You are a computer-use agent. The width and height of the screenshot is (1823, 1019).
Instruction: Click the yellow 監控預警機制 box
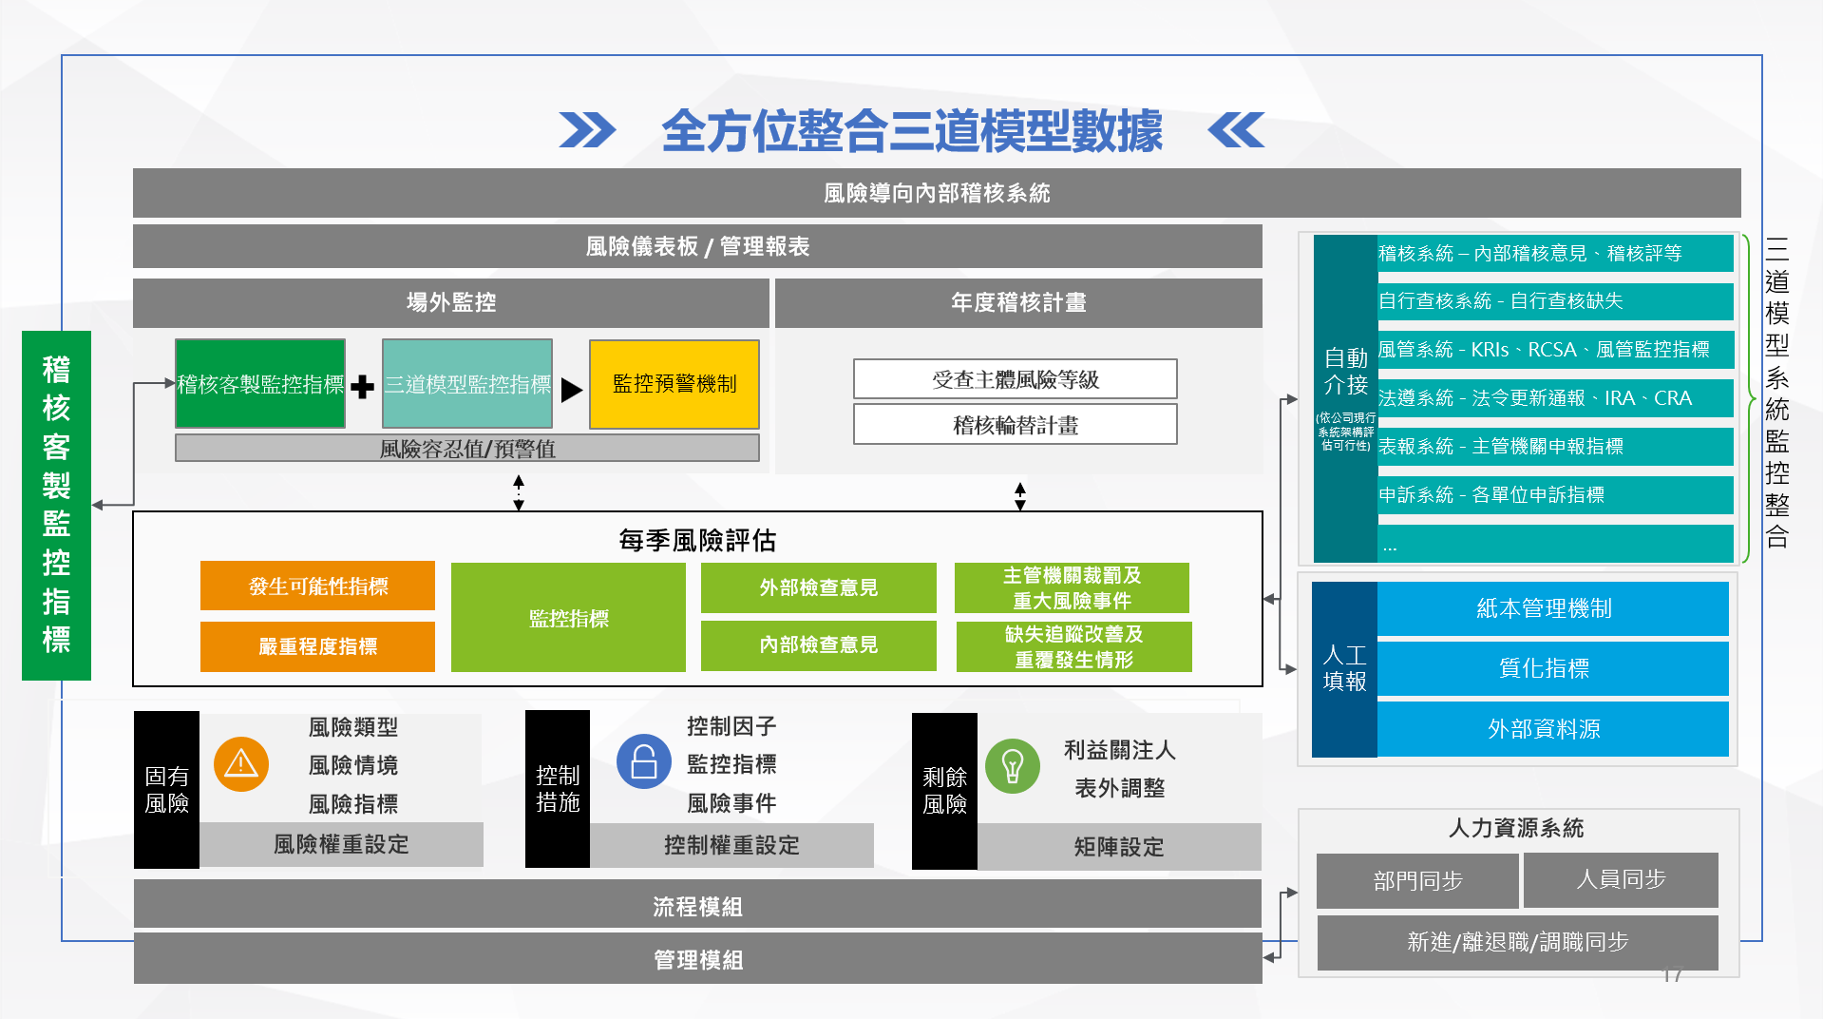pos(674,384)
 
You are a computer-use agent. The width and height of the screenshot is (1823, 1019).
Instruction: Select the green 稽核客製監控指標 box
pos(260,384)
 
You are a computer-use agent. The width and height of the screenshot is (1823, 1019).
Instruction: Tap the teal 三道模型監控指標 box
pos(467,384)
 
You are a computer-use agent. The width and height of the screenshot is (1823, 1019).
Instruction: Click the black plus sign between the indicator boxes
pos(362,387)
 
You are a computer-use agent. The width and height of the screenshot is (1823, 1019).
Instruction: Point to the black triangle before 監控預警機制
pos(572,390)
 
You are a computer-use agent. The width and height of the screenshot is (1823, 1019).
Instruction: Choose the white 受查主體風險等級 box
pos(1016,379)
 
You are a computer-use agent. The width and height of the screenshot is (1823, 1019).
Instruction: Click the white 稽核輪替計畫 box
pos(1016,424)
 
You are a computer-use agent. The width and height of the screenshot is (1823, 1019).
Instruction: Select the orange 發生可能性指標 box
pos(317,586)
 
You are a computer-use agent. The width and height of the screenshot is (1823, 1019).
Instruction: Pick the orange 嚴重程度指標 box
pos(317,646)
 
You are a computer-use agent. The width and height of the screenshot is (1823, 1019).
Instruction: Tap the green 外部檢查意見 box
pos(819,587)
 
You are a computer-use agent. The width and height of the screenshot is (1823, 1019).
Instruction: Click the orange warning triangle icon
pos(241,764)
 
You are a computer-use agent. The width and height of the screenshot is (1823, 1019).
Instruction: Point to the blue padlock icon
pos(644,761)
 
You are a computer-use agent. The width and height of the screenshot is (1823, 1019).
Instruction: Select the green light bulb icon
pos(1013,766)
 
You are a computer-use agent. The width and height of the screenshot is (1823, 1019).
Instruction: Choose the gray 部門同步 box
pos(1417,880)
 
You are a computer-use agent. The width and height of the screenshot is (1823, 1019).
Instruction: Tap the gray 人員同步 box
pos(1621,879)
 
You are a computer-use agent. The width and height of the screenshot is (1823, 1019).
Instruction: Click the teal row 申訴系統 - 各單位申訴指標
pos(1555,494)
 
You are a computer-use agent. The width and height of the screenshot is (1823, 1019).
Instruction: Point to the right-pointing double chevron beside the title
pos(587,130)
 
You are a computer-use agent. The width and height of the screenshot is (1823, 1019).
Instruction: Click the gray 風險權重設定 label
pos(341,844)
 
